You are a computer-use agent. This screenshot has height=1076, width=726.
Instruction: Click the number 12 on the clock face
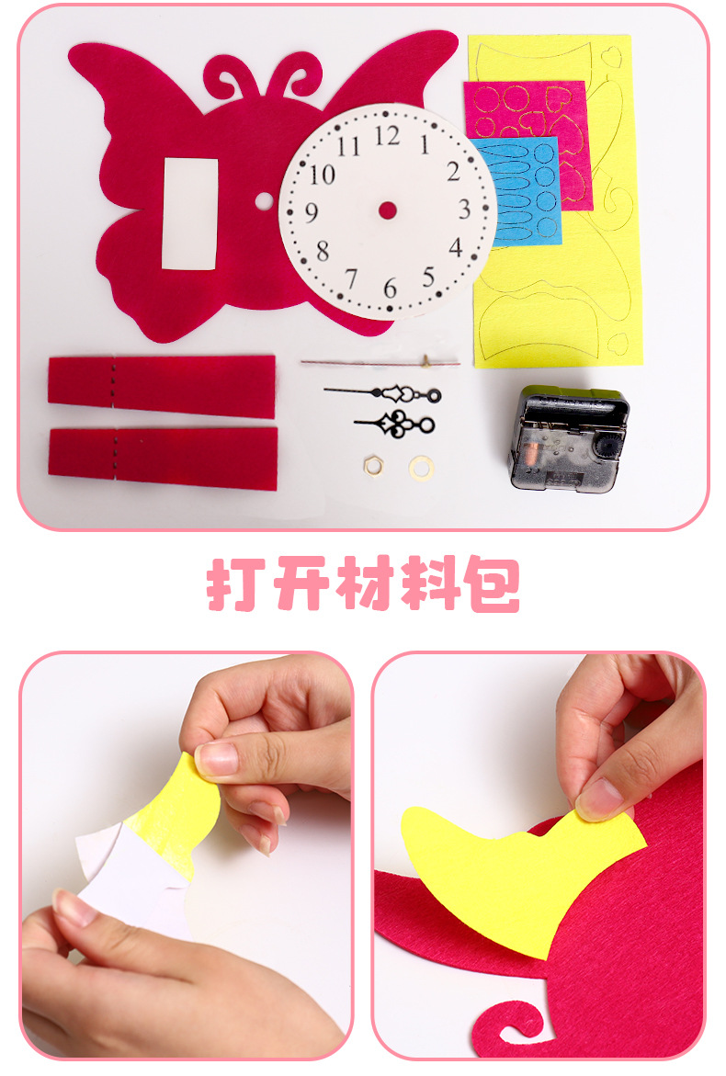click(387, 136)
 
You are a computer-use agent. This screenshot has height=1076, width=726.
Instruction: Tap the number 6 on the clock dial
click(391, 289)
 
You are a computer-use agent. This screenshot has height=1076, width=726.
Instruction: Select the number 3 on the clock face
click(464, 208)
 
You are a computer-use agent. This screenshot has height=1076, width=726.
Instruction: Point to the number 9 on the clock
click(312, 213)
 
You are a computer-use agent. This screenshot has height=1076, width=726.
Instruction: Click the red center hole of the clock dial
click(388, 210)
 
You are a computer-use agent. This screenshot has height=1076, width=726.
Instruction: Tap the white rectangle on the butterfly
click(190, 214)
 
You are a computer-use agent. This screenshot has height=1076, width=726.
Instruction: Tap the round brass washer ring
click(421, 466)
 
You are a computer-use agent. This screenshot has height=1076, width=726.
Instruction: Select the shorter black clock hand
click(396, 425)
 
